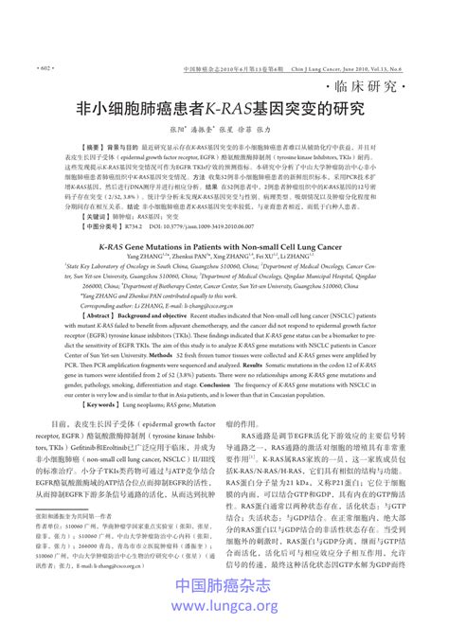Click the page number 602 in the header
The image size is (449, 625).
coord(44,70)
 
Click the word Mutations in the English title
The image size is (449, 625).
coord(149,243)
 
